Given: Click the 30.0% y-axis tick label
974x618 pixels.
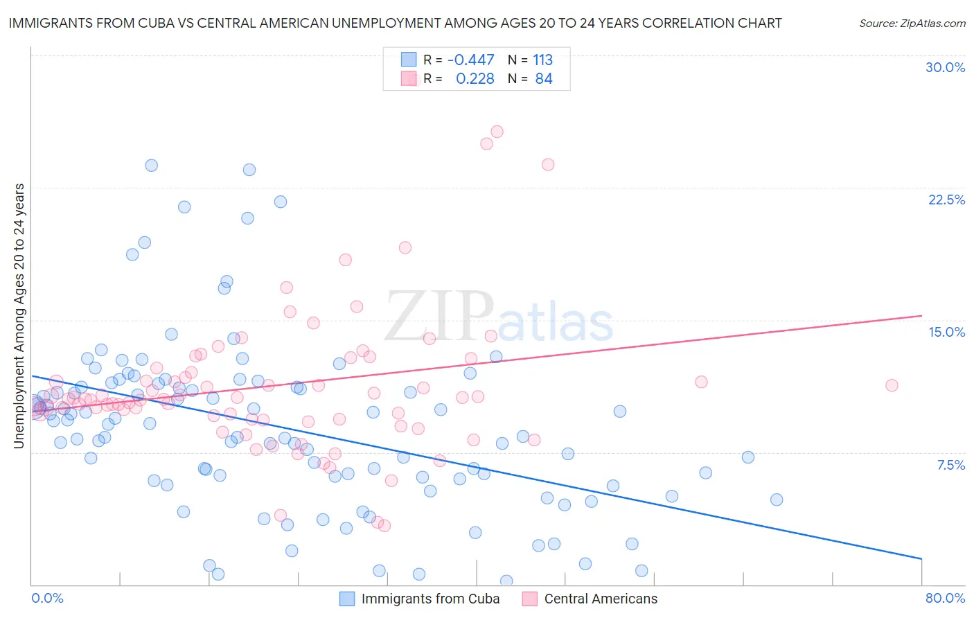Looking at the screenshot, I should pos(945,67).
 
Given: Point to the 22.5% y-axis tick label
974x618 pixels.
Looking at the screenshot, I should pos(946,200).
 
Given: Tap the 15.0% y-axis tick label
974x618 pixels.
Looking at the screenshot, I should pos(946,332).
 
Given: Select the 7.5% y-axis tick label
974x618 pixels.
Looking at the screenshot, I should pos(950,465).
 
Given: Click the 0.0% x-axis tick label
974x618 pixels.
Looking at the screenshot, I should pos(47,598).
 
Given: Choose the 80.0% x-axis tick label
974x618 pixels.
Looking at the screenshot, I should pos(945,598).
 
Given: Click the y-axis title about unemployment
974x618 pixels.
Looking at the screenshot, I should pos(19,316).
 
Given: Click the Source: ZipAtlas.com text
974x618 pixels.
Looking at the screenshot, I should pos(912,23).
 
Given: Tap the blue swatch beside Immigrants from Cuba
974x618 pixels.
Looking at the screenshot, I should pos(347,599).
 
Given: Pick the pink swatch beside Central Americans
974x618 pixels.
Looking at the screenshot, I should pos(530,599).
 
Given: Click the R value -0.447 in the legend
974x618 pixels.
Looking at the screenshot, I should pos(471,60).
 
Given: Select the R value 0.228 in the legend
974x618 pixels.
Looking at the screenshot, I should pos(475,79).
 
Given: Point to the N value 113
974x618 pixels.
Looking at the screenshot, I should pos(542,60).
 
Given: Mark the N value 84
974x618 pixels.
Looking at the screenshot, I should pos(544,79).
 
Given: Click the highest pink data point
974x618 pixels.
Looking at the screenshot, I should pos(497,132).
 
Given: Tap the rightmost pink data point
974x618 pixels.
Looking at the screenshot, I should pos(892,385).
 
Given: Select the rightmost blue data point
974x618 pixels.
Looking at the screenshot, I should pos(777,500).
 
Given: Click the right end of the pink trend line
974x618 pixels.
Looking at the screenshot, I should pos(921,316).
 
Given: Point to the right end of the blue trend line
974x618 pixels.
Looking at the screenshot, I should pos(921,558).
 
